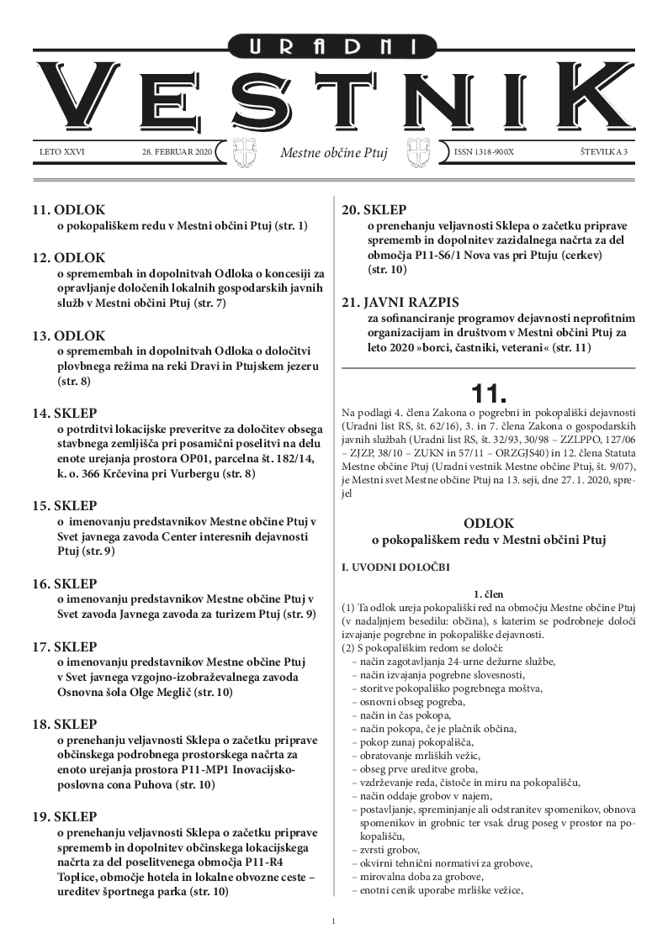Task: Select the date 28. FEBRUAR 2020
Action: (x=178, y=152)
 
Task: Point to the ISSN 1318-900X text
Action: (x=484, y=152)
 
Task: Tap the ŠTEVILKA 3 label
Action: (x=598, y=152)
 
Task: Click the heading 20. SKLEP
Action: (x=374, y=211)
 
